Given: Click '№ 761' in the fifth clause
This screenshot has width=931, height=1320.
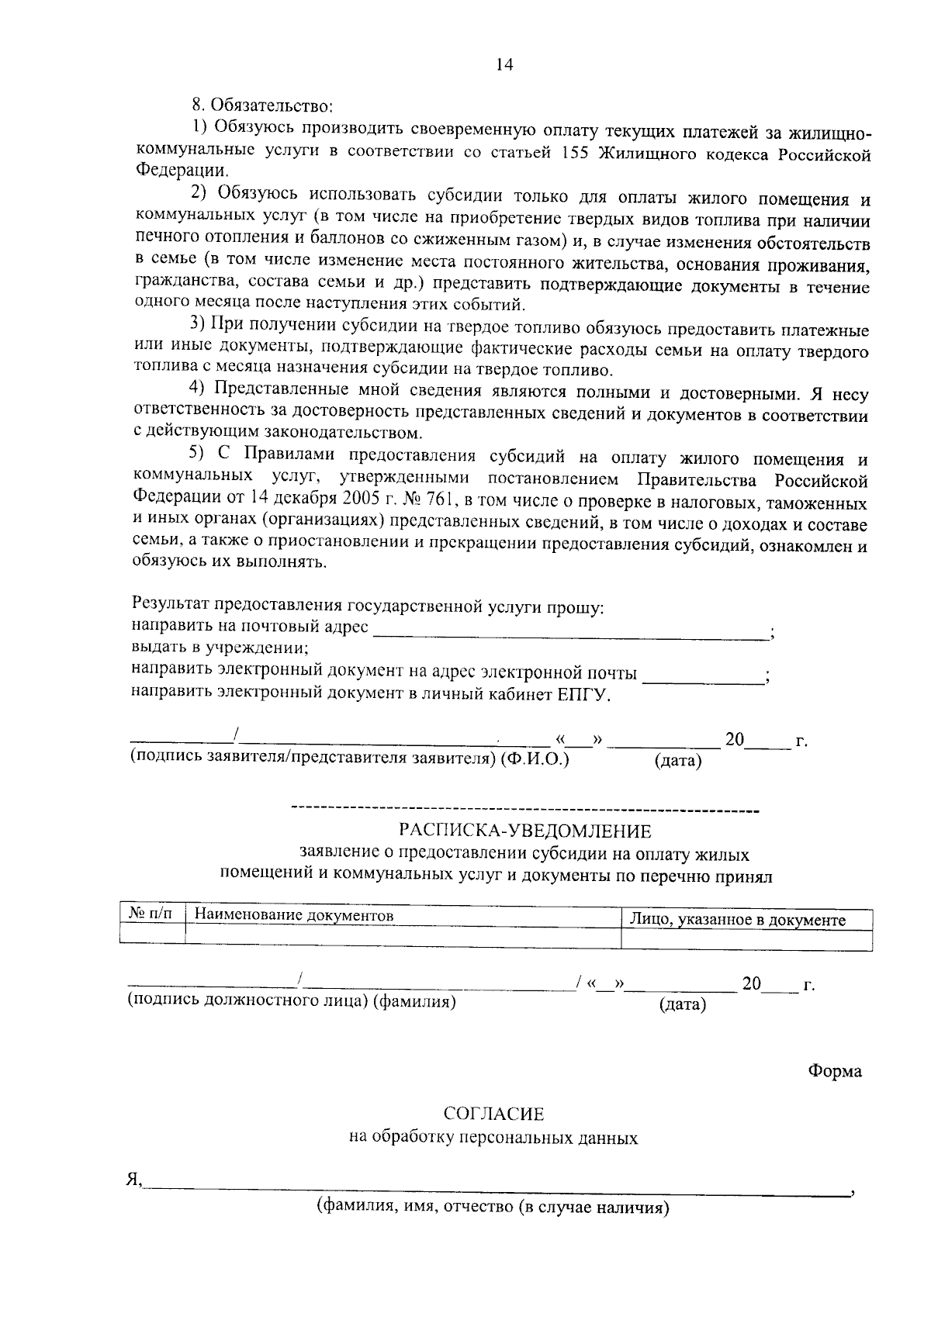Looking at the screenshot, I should point(436,497).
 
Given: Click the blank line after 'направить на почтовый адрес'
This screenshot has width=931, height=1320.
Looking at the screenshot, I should point(570,636).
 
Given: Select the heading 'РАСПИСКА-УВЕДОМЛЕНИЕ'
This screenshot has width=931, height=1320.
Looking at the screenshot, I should point(524,831).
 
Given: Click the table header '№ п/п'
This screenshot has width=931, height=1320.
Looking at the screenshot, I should point(152,915).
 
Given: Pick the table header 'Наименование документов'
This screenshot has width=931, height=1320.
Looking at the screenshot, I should point(294,916).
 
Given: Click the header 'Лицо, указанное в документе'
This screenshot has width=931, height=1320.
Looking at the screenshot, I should point(737,921).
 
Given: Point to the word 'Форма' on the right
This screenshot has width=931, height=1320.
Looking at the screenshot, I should point(835,1071).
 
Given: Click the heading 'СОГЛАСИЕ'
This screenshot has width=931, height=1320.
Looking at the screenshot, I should point(493,1114).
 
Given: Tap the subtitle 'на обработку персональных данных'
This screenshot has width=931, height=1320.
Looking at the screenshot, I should point(493,1139).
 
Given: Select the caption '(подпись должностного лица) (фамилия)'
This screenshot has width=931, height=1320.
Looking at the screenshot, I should point(292,1001).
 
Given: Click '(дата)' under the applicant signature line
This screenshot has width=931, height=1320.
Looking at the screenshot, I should point(678,761).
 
